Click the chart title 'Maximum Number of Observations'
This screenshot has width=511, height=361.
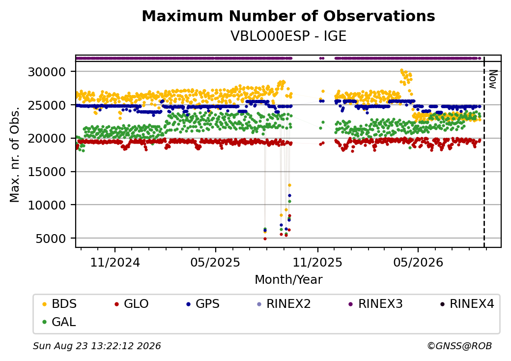pyautogui.click(x=288, y=16)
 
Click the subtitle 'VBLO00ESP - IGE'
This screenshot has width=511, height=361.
pyautogui.click(x=288, y=36)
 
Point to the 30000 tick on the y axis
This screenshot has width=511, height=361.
pyautogui.click(x=47, y=72)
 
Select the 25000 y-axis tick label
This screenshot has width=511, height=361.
pyautogui.click(x=47, y=105)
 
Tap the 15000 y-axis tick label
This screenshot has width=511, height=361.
pyautogui.click(x=47, y=172)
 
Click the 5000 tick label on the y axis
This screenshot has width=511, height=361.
pyautogui.click(x=51, y=239)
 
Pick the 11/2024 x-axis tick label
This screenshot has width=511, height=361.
pyautogui.click(x=115, y=262)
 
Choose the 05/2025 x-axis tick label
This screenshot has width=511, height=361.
pyautogui.click(x=215, y=262)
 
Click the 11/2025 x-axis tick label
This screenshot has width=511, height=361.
pyautogui.click(x=317, y=262)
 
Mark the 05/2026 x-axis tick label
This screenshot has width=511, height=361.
pyautogui.click(x=418, y=262)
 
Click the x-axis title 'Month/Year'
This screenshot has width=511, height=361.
pyautogui.click(x=288, y=279)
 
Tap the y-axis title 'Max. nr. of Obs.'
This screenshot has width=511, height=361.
pyautogui.click(x=15, y=154)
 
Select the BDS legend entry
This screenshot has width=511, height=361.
pyautogui.click(x=59, y=304)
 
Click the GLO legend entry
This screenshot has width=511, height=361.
pyautogui.click(x=132, y=304)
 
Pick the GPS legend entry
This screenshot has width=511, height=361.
pyautogui.click(x=203, y=304)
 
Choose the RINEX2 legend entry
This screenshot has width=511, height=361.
pyautogui.click(x=284, y=304)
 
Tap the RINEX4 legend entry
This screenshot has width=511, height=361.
pyautogui.click(x=467, y=304)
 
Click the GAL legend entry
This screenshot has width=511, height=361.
pyautogui.click(x=59, y=322)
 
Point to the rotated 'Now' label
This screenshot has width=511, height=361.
pyautogui.click(x=492, y=79)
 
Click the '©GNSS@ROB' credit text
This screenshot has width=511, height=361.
pyautogui.click(x=459, y=346)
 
